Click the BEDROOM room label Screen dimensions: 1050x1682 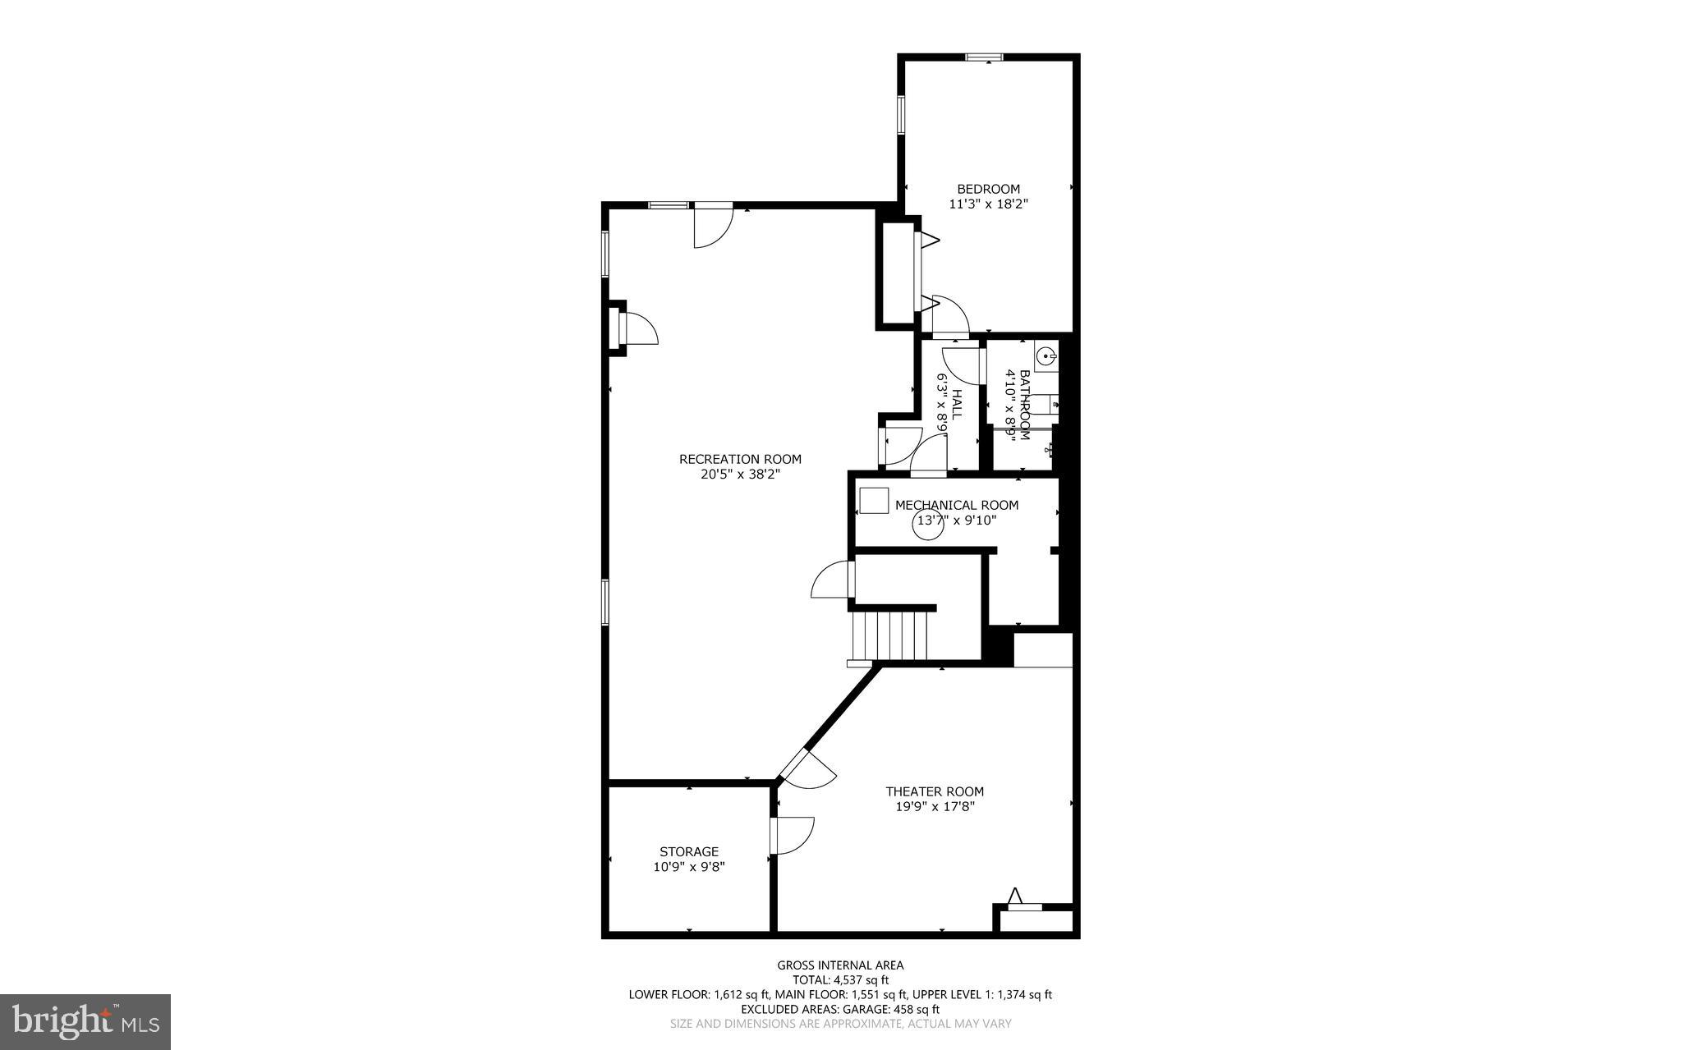click(988, 189)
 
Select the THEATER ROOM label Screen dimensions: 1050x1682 click(935, 791)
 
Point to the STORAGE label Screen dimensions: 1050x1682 click(689, 851)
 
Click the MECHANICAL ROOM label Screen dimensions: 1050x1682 click(957, 505)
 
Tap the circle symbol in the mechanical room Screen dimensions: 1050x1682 click(930, 525)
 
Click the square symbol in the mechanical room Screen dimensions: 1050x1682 click(874, 500)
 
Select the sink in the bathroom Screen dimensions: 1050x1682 click(1046, 357)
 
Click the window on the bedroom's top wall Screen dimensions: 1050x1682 click(984, 57)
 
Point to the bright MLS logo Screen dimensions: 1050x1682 click(85, 1021)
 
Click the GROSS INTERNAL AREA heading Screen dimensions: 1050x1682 click(840, 965)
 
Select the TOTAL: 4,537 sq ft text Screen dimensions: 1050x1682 click(840, 979)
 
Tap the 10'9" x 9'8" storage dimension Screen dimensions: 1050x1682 click(689, 866)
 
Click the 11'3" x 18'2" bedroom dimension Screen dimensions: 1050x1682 click(988, 204)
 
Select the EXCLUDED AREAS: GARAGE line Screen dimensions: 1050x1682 click(840, 1009)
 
